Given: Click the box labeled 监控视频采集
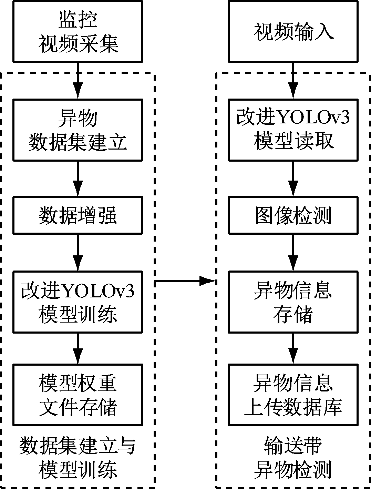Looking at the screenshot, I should click(x=78, y=31).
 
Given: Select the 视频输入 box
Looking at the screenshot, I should click(x=293, y=31).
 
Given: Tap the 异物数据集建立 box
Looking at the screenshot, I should click(x=78, y=130).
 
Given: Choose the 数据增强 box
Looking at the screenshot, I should click(x=78, y=215).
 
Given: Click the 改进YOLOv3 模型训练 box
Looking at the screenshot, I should click(x=78, y=302).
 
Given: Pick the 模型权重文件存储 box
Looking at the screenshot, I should click(x=78, y=395).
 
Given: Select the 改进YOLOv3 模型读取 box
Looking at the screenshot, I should click(x=293, y=130).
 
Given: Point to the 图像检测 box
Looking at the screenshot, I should click(x=293, y=215).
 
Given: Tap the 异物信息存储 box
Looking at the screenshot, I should click(x=293, y=302).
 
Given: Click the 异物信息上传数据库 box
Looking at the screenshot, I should click(x=293, y=395).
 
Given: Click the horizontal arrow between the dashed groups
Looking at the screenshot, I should click(x=185, y=281).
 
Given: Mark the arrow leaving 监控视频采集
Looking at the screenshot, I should click(x=78, y=81).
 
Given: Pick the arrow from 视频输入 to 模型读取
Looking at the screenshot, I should click(x=293, y=81).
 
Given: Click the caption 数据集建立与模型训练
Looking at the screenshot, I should click(x=78, y=458).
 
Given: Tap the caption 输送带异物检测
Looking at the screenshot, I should click(x=293, y=458).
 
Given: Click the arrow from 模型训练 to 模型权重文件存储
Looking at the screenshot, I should click(x=78, y=348).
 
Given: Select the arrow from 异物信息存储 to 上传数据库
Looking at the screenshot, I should click(x=293, y=348).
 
